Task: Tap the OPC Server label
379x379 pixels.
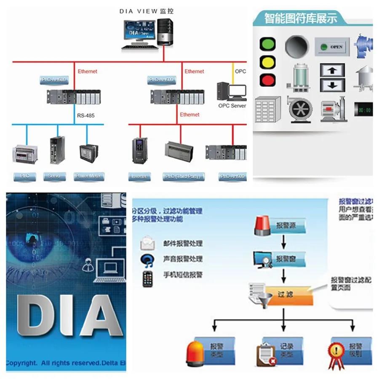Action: [232, 106]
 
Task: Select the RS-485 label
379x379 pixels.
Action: [85, 115]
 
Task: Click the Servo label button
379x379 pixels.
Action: [54, 176]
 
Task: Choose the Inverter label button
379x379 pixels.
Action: [139, 176]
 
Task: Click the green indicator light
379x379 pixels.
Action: [268, 44]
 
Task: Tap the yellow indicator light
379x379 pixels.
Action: [268, 62]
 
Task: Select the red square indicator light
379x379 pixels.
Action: [268, 80]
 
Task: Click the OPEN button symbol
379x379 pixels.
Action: [333, 47]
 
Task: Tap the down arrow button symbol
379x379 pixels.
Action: [332, 85]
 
